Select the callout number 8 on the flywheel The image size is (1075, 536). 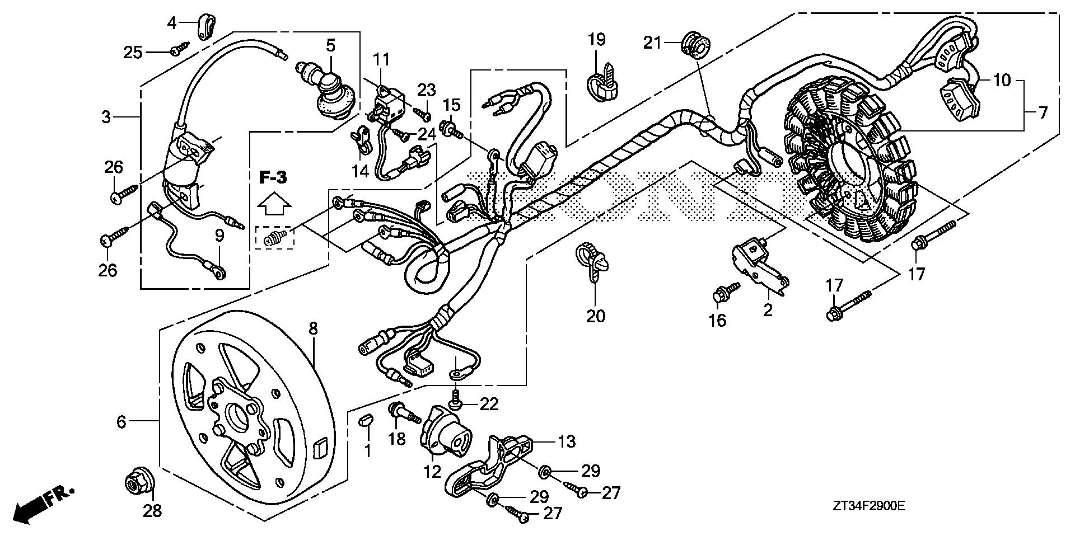tap(313, 328)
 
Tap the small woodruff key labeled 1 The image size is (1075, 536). tap(366, 420)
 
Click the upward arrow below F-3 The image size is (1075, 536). tap(274, 204)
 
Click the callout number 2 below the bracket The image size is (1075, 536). tap(767, 309)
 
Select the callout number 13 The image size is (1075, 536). tap(567, 442)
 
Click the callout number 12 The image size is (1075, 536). tap(432, 472)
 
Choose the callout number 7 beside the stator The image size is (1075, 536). tap(1043, 113)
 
